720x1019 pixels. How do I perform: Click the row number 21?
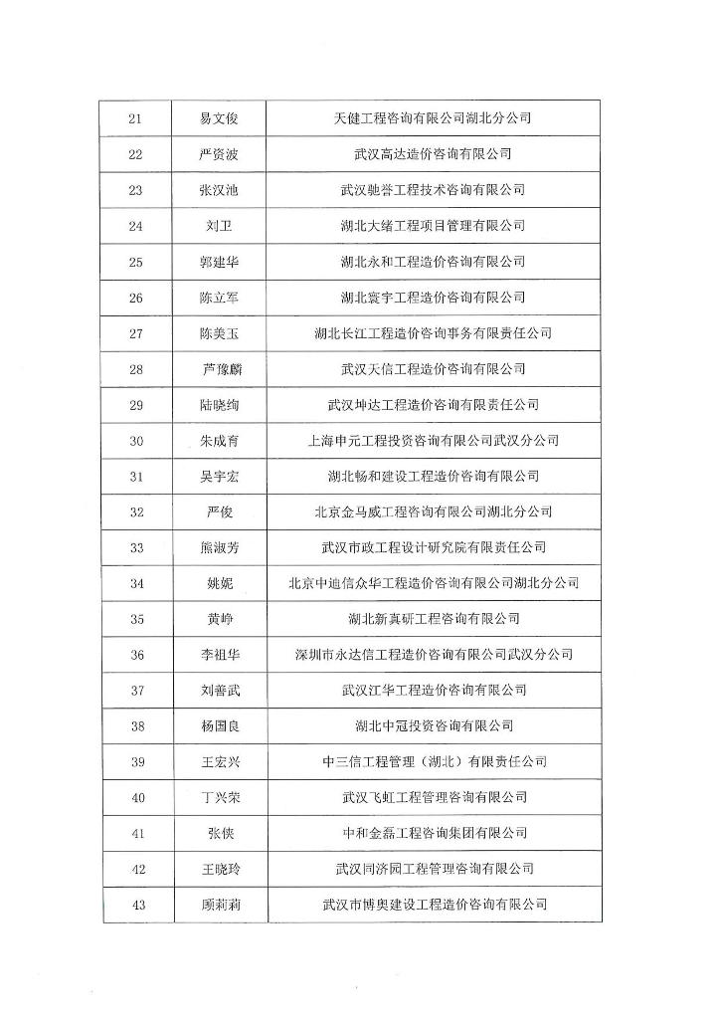[136, 118]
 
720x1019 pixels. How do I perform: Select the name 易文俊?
[219, 118]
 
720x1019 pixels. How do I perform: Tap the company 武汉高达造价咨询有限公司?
[433, 154]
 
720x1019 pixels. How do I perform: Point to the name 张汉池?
[219, 190]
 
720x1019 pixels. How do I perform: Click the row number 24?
[136, 226]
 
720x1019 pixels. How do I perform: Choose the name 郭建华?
[219, 262]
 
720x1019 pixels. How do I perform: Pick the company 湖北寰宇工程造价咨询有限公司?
[433, 298]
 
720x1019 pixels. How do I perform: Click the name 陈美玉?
[219, 333]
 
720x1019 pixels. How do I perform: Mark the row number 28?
[136, 369]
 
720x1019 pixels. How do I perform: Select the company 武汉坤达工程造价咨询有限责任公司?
[433, 405]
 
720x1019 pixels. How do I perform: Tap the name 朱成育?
[219, 441]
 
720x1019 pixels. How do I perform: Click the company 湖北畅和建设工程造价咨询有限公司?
[433, 477]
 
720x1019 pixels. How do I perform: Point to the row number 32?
[136, 512]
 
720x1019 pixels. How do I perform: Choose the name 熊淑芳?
[219, 547]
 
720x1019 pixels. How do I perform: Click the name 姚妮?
[219, 583]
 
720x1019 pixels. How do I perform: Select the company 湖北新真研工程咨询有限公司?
[433, 619]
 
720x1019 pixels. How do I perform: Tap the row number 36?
[136, 655]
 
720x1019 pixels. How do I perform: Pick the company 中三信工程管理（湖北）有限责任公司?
[435, 762]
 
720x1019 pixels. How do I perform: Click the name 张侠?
[219, 833]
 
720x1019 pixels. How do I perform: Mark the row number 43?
[136, 905]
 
